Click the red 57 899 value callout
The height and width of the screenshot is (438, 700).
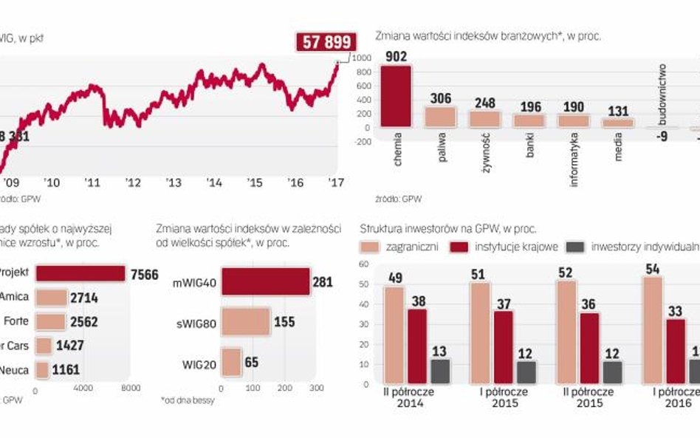pos(326,42)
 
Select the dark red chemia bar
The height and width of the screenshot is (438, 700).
pos(396,96)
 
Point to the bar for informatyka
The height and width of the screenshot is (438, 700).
pos(573,121)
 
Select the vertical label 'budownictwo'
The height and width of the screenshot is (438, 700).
pos(662,93)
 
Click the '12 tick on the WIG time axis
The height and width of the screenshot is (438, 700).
pos(133,182)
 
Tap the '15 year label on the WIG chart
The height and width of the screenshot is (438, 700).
pos(255,182)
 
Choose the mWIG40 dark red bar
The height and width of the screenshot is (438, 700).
pos(265,282)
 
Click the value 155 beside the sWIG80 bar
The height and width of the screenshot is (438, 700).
pos(284,322)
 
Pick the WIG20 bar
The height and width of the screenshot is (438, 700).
pos(231,362)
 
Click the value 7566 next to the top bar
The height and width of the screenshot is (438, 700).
pos(143,275)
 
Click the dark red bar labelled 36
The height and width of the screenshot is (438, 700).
pos(589,348)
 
